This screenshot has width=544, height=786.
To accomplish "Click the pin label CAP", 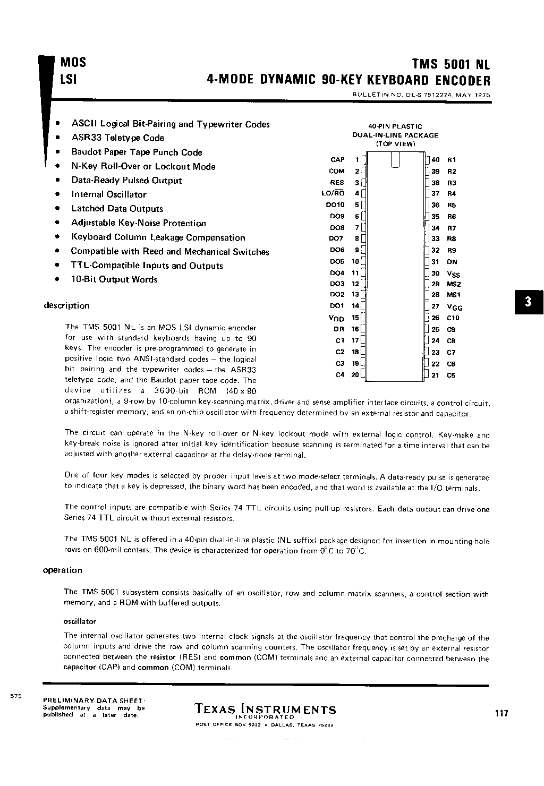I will click(x=337, y=160).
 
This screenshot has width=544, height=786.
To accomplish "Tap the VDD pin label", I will click(x=337, y=318).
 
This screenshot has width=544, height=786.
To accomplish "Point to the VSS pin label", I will click(x=453, y=274).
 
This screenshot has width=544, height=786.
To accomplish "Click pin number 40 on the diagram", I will click(x=436, y=160).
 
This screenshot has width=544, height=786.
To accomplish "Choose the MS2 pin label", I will click(x=453, y=284).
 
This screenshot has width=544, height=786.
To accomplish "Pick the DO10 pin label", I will click(x=335, y=204).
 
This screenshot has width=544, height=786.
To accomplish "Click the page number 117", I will click(x=501, y=713).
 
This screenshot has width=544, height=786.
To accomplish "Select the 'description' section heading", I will click(x=66, y=306).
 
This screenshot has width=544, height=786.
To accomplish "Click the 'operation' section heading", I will click(x=62, y=570).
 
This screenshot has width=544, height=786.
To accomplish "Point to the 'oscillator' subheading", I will click(x=80, y=621).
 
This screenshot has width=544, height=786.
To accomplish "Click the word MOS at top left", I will click(x=73, y=63).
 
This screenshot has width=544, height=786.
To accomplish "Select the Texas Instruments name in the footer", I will click(x=265, y=710).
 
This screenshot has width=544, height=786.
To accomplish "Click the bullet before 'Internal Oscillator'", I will click(x=57, y=194).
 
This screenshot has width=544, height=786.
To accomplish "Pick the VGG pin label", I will click(x=454, y=307).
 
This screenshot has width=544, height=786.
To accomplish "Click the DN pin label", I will click(x=452, y=262).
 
